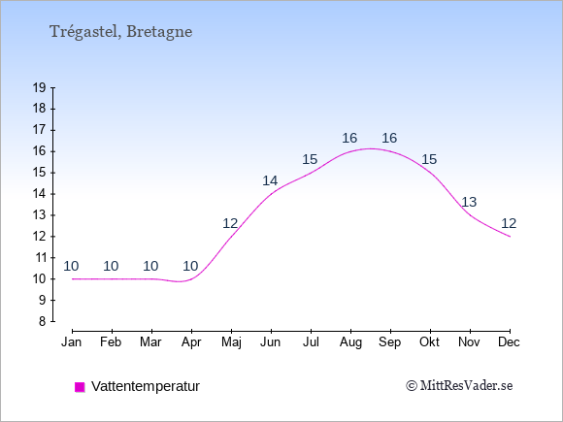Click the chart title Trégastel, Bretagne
click(120, 32)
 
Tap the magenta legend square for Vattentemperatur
click(80, 387)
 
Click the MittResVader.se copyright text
click(459, 386)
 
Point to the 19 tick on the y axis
click(39, 87)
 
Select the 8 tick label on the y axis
click(43, 321)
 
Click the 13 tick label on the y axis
click(39, 215)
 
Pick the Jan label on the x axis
click(72, 342)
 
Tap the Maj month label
click(231, 342)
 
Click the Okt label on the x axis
click(429, 342)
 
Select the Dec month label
click(509, 342)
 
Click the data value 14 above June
click(270, 180)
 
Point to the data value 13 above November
click(469, 202)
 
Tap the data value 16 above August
click(349, 138)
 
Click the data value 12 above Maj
click(230, 223)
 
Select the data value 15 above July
click(310, 159)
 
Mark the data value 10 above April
click(190, 266)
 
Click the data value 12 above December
click(509, 223)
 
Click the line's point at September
click(390, 151)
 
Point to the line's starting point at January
click(73, 278)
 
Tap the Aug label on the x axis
click(350, 342)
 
